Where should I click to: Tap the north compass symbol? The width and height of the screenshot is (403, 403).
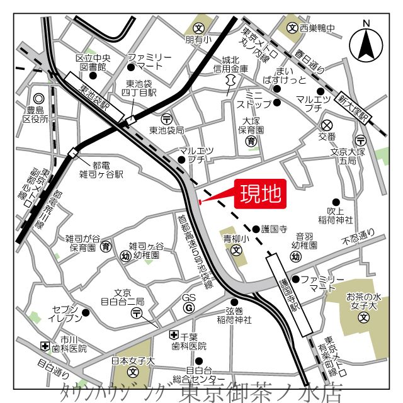pyautogui.click(x=366, y=41)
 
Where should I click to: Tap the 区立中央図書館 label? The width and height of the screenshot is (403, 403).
pyautogui.click(x=92, y=61)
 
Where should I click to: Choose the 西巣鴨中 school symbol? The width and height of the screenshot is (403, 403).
pyautogui.click(x=292, y=28)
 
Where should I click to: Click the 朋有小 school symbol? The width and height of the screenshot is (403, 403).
pyautogui.click(x=199, y=28)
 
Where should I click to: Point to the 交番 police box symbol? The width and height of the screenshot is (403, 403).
pyautogui.click(x=326, y=125)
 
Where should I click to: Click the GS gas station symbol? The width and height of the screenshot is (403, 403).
pyautogui.click(x=187, y=307)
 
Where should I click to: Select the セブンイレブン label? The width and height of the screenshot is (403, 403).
pyautogui.click(x=65, y=313)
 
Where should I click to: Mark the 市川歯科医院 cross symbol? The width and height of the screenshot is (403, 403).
pyautogui.click(x=45, y=346)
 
